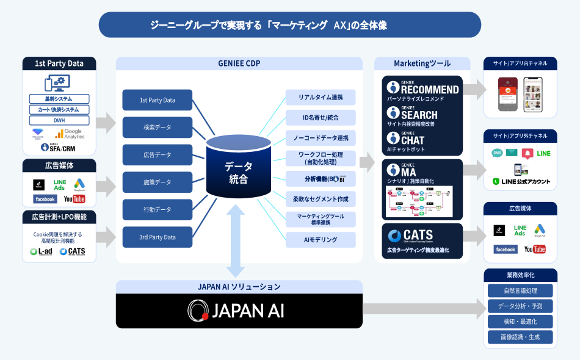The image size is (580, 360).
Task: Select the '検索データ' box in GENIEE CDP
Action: pyautogui.click(x=158, y=128)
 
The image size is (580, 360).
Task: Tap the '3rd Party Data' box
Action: pyautogui.click(x=158, y=237)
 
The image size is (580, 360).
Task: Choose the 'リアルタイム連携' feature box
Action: pyautogui.click(x=321, y=98)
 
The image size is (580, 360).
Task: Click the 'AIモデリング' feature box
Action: pyautogui.click(x=321, y=240)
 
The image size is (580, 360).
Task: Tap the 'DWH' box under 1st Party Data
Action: pyautogui.click(x=59, y=120)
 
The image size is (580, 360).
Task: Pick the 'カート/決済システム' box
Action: pyautogui.click(x=59, y=110)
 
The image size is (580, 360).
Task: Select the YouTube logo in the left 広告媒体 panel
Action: pyautogui.click(x=74, y=200)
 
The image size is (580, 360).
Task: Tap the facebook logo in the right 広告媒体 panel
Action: pyautogui.click(x=506, y=249)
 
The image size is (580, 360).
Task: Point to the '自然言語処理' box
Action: pyautogui.click(x=520, y=290)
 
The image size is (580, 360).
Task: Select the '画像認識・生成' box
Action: pyautogui.click(x=520, y=337)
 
